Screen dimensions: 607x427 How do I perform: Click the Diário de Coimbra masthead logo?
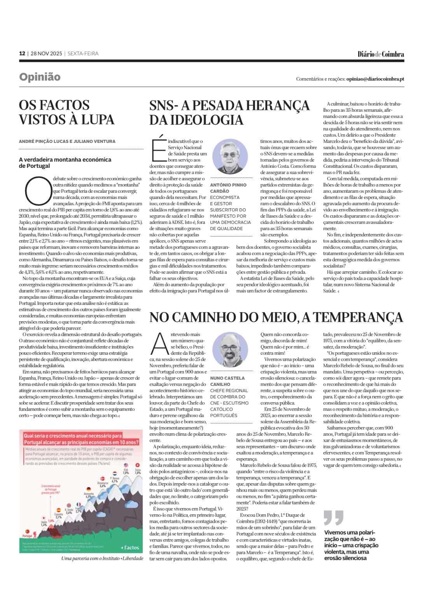click(381, 54)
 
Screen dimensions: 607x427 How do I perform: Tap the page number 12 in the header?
click(22, 53)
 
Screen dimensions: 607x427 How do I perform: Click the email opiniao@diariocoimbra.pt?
click(375, 79)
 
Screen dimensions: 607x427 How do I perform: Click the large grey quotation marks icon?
click(334, 517)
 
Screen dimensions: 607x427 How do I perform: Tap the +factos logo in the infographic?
click(130, 547)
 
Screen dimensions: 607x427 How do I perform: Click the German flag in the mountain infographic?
click(89, 489)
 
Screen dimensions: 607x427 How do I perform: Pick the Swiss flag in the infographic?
click(137, 465)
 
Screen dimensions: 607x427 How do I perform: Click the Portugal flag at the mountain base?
click(27, 531)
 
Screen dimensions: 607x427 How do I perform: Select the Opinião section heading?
click(40, 77)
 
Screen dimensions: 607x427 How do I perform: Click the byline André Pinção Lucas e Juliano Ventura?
click(67, 141)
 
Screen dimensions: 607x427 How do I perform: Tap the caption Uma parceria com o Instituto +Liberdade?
click(102, 558)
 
